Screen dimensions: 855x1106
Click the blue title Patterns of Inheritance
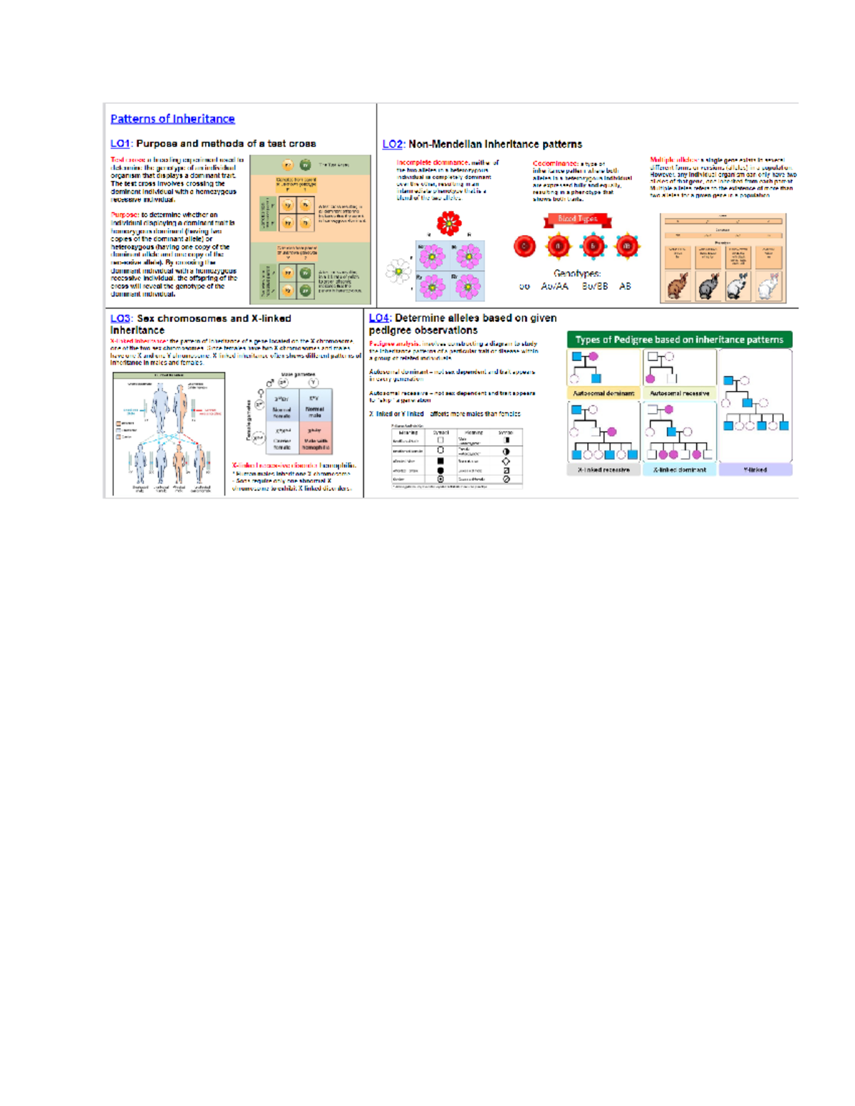coord(172,119)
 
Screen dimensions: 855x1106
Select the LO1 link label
coord(120,144)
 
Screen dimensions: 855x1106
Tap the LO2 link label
coord(392,145)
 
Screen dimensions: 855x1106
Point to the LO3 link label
coord(120,319)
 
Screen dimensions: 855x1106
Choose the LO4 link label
coord(378,318)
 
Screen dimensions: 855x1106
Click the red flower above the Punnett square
coord(449,224)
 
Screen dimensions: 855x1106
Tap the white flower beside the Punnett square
coord(398,271)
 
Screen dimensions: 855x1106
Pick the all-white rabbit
coord(768,287)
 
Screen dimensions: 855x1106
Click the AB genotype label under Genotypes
coord(625,286)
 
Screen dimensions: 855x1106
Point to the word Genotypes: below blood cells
coord(576,273)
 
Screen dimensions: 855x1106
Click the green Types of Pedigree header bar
coord(679,340)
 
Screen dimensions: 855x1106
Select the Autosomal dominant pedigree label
coord(603,393)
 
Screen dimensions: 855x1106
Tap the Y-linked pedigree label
coord(755,470)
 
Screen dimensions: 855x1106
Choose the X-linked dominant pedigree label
coord(679,470)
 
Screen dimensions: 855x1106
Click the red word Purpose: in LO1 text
coord(125,214)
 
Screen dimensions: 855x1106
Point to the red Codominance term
coord(554,164)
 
